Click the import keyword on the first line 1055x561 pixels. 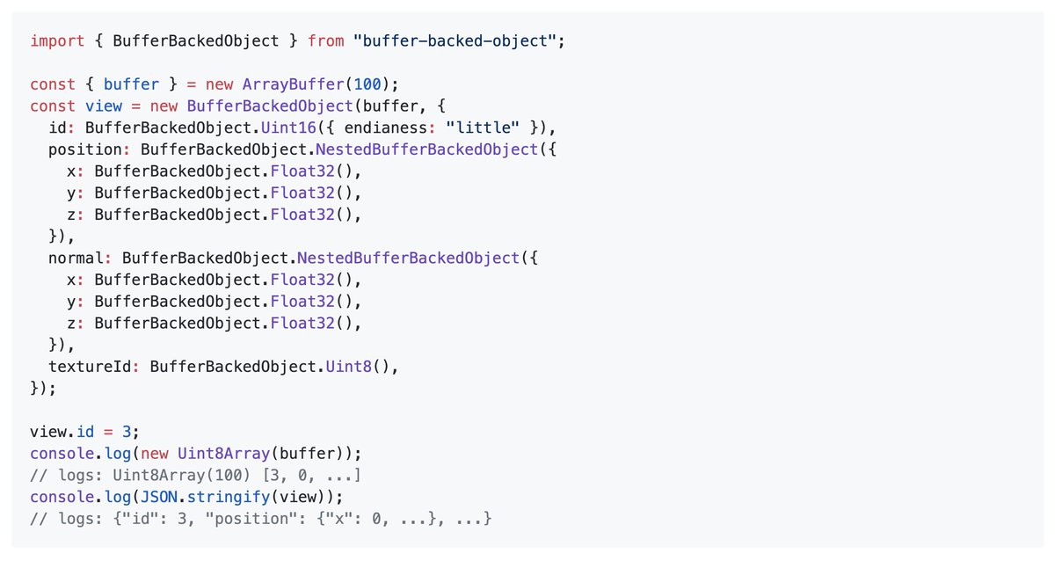(58, 41)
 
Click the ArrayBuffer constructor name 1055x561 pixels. (288, 85)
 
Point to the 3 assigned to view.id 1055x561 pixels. (127, 432)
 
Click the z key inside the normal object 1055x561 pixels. (70, 324)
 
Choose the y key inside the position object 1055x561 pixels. (70, 193)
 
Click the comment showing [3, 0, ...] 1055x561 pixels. (194, 476)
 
